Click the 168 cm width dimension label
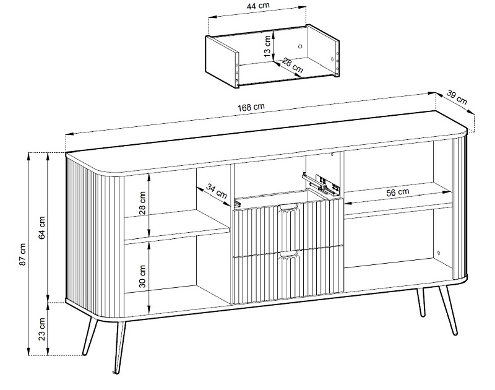click(x=251, y=107)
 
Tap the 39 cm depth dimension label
click(x=457, y=97)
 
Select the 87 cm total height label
click(x=23, y=254)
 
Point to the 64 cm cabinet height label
click(x=42, y=227)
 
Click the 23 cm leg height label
click(x=42, y=329)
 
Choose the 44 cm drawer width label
click(x=258, y=6)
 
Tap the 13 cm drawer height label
click(x=267, y=46)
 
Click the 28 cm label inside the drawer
click(x=292, y=65)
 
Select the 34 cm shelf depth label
click(x=217, y=191)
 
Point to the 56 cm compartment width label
click(x=397, y=193)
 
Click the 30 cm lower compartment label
click(x=142, y=276)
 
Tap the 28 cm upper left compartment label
click(x=142, y=202)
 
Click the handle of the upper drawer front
click(x=288, y=207)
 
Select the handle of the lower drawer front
click(x=288, y=253)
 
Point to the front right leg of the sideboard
click(x=447, y=310)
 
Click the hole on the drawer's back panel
click(x=300, y=46)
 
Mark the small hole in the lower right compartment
click(x=438, y=253)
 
